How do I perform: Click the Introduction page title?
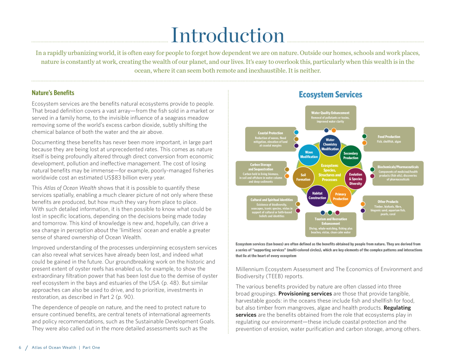tap(228, 35)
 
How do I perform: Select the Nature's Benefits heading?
tap(53, 93)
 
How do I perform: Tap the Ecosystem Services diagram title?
tap(330, 95)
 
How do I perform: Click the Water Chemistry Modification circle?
tap(330, 145)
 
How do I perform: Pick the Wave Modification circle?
tap(309, 154)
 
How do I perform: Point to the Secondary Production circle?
tap(351, 156)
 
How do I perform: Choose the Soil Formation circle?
tap(303, 177)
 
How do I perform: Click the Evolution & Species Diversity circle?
tap(356, 179)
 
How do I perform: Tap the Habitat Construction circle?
tap(317, 196)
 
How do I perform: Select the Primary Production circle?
tap(340, 196)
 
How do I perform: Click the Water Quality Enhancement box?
tap(330, 118)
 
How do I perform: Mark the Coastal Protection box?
tap(270, 139)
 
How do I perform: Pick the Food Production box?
tap(389, 139)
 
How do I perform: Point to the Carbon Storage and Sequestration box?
tap(261, 173)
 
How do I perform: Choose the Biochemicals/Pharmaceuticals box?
tap(398, 173)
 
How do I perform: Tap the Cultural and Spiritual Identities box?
tap(272, 208)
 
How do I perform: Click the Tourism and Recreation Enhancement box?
tap(331, 225)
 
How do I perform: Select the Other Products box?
tap(388, 208)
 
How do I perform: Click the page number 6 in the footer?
tap(20, 347)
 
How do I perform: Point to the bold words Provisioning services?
tap(305, 294)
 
